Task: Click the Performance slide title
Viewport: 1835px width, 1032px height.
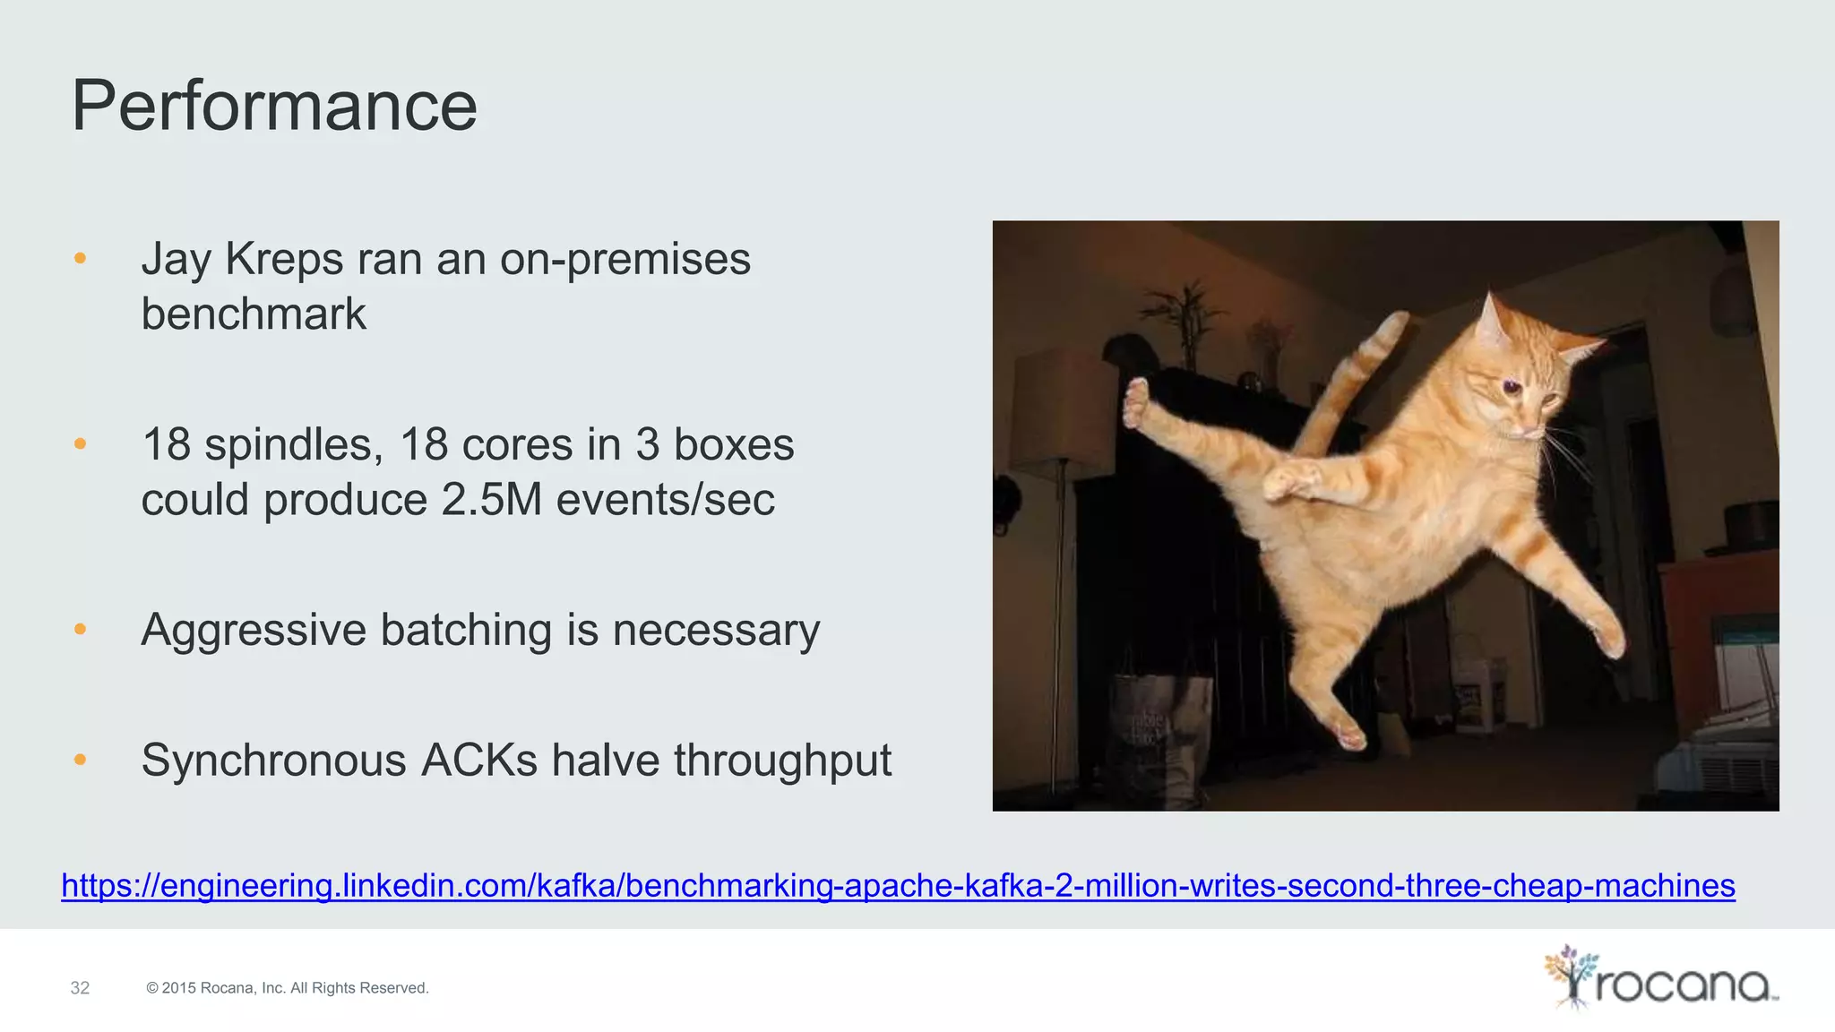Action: click(x=274, y=106)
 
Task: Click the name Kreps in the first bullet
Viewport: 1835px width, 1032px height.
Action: click(x=284, y=259)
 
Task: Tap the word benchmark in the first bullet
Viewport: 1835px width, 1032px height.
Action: click(x=254, y=314)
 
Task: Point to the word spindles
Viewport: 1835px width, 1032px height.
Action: click(x=294, y=444)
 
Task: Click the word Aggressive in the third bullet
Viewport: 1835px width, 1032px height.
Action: click(x=254, y=630)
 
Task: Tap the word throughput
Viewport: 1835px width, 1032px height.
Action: click(x=782, y=761)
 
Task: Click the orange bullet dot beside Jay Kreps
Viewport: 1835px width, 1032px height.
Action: click(x=80, y=258)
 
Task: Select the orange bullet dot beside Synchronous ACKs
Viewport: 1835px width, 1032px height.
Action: click(x=80, y=760)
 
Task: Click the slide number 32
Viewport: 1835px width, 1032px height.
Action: click(x=80, y=988)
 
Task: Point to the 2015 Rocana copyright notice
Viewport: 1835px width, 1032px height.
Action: click(x=288, y=988)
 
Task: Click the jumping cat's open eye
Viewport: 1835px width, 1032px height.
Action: click(x=1512, y=387)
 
